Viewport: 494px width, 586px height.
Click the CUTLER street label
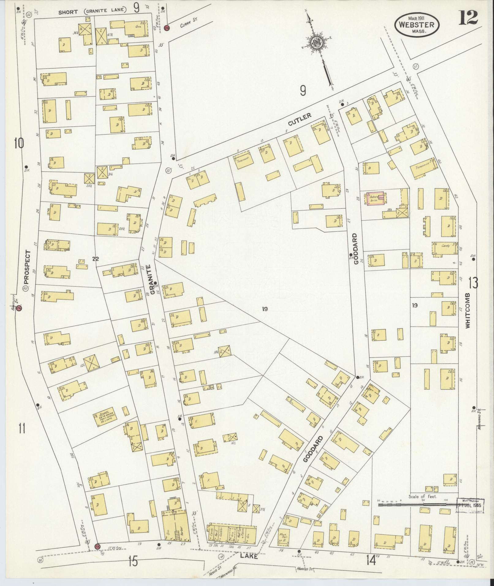300,119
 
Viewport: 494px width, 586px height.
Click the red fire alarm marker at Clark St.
167,28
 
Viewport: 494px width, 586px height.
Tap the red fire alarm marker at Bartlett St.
19,308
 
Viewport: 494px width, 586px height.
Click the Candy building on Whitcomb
445,248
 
